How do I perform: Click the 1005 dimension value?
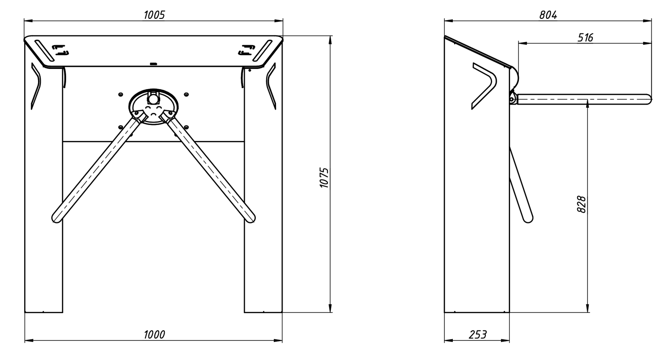[x=154, y=15]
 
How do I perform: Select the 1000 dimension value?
[x=154, y=334]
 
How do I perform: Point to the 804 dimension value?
[x=548, y=15]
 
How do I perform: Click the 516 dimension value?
[x=585, y=38]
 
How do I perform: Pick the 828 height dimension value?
[x=582, y=204]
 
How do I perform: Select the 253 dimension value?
[x=477, y=334]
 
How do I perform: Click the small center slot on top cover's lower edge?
[x=153, y=64]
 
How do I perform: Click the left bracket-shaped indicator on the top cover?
[x=61, y=50]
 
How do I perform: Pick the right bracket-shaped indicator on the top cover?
[x=246, y=50]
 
